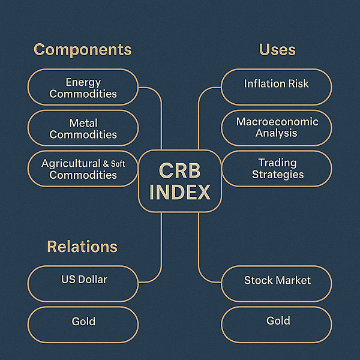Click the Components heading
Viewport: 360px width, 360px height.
click(82, 49)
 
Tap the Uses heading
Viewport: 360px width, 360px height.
click(277, 49)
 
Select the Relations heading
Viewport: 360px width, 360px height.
click(82, 247)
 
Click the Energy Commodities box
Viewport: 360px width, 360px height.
click(83, 88)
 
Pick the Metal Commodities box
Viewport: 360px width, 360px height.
click(83, 128)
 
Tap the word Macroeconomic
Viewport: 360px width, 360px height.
click(277, 122)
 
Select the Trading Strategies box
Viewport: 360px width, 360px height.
click(277, 169)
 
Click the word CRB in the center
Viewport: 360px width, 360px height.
click(179, 170)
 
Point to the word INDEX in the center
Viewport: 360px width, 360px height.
click(179, 193)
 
